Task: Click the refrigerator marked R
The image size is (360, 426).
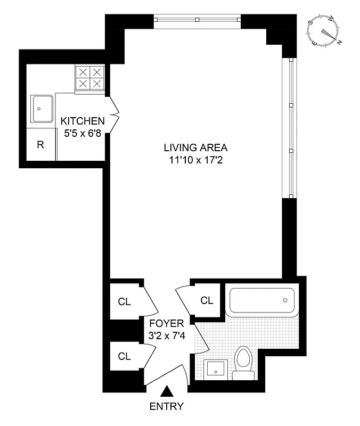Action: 40,144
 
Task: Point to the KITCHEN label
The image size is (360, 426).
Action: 82,121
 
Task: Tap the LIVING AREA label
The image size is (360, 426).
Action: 195,148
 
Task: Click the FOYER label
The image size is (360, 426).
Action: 166,323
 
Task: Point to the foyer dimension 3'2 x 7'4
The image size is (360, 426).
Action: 166,335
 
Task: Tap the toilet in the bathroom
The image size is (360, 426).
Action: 244,363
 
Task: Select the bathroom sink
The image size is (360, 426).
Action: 216,368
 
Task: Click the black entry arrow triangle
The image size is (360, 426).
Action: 167,392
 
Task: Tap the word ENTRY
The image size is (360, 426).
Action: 167,407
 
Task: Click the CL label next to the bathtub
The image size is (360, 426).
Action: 207,300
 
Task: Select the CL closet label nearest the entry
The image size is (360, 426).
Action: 124,356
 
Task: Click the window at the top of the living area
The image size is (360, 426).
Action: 197,20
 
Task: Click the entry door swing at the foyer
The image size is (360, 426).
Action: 168,374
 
